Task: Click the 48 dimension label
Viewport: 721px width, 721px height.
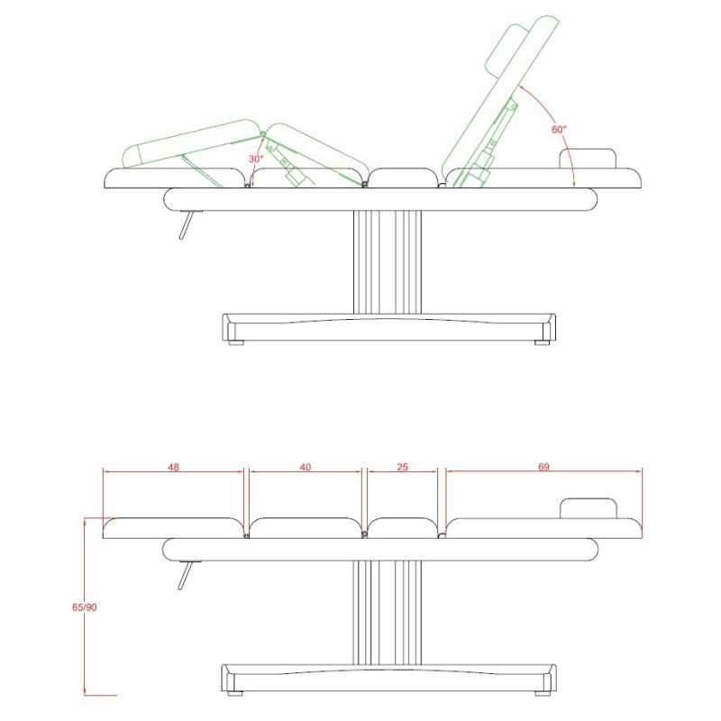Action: tap(173, 467)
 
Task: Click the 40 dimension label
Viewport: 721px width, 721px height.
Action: tap(306, 467)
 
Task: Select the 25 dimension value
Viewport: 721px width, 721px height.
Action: tap(402, 467)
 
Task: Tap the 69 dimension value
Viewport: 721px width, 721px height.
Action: tap(543, 467)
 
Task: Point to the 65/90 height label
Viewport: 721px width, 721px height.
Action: tap(84, 607)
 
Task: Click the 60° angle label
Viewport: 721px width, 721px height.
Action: tap(559, 130)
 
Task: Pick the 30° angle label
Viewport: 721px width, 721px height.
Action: tap(256, 160)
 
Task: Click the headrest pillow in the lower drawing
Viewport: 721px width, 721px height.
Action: tap(589, 508)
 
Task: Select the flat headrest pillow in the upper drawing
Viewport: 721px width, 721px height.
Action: tap(588, 159)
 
